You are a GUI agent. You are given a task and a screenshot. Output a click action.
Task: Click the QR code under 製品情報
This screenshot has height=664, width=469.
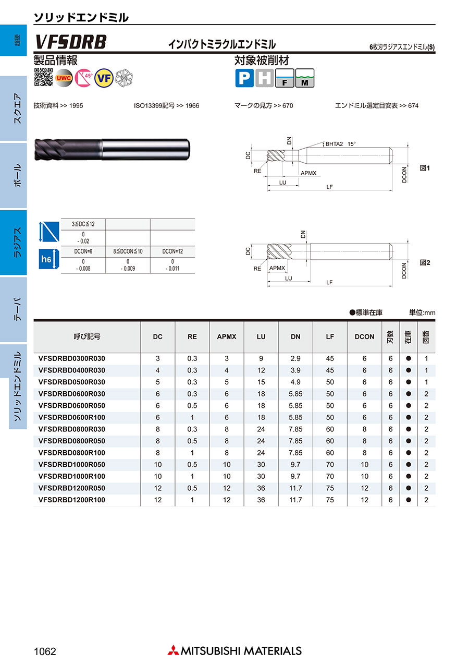[x=43, y=77]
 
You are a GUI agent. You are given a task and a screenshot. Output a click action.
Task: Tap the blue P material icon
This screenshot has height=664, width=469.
[x=244, y=78]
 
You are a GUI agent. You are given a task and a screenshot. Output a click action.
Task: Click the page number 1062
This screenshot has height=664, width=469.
[x=44, y=651]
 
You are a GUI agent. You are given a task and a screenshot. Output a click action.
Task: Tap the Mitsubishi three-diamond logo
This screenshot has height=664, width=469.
[x=173, y=650]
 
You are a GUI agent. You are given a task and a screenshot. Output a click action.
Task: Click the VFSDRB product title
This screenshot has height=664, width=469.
[x=71, y=42]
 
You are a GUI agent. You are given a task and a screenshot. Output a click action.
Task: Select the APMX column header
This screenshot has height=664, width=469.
[x=227, y=337]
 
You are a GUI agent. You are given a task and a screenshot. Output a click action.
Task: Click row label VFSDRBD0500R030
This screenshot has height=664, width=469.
[x=72, y=382]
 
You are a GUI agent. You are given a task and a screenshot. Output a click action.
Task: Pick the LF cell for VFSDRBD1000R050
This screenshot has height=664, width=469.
[x=330, y=465]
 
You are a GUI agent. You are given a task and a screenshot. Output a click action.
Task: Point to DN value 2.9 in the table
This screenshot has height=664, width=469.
[x=295, y=359]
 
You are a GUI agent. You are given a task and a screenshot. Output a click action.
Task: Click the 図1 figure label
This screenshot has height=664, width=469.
[x=425, y=168]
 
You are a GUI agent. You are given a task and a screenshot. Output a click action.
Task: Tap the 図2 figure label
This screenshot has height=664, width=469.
[x=425, y=263]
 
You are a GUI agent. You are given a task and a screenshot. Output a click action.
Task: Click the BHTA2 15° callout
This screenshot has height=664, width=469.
[x=341, y=143]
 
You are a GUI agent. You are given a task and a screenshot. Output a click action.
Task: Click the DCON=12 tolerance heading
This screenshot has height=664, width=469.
[x=172, y=251]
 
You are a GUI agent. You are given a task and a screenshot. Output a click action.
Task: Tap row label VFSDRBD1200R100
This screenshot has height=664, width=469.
[x=72, y=500]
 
